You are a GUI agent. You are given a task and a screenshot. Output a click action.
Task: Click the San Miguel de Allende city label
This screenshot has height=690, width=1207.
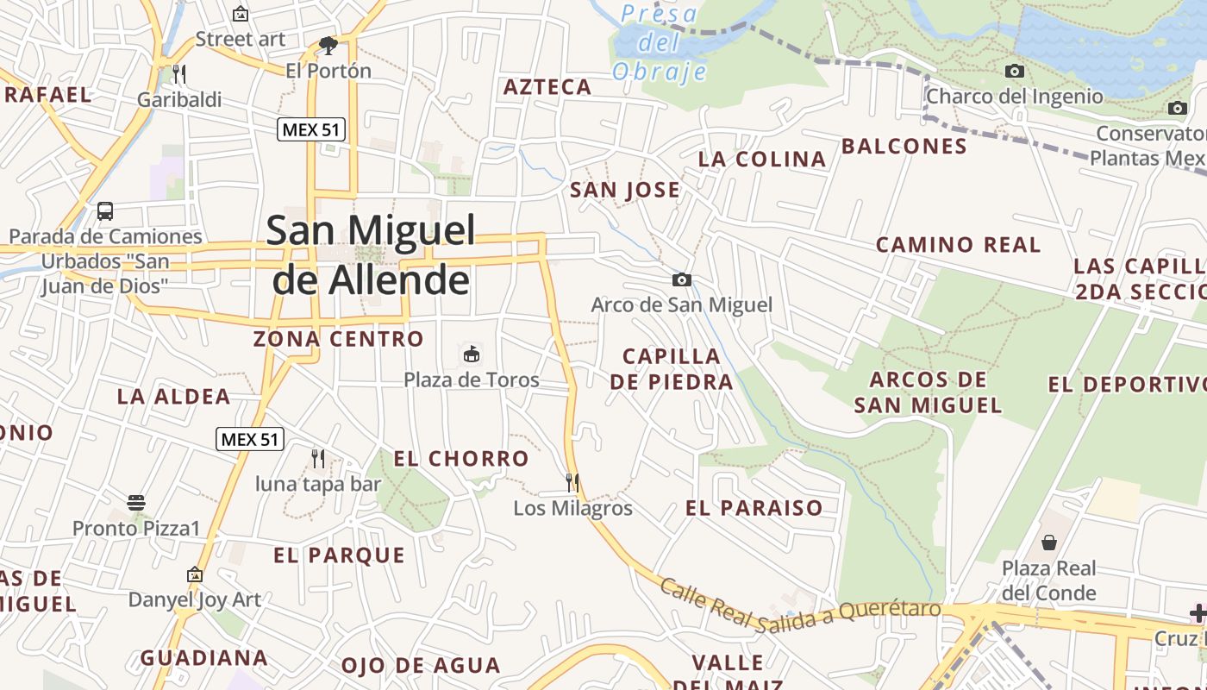pyautogui.click(x=371, y=254)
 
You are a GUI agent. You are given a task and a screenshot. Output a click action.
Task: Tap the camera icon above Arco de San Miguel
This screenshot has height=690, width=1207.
pyautogui.click(x=681, y=279)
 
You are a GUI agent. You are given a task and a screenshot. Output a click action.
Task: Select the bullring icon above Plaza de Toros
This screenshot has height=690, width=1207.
pyautogui.click(x=472, y=354)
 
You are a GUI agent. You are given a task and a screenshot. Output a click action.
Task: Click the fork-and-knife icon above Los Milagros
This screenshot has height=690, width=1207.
pyautogui.click(x=572, y=482)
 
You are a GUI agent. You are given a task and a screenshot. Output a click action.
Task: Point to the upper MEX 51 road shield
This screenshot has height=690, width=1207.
pyautogui.click(x=311, y=130)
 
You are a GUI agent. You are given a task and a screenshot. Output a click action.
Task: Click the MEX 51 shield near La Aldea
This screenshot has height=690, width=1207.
pyautogui.click(x=249, y=439)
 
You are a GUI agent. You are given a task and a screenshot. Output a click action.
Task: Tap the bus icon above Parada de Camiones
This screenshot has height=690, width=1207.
pyautogui.click(x=105, y=210)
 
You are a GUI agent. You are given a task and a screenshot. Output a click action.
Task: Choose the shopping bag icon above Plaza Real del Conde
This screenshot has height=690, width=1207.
pyautogui.click(x=1049, y=543)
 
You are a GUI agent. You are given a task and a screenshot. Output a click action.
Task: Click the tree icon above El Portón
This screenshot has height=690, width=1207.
pyautogui.click(x=328, y=45)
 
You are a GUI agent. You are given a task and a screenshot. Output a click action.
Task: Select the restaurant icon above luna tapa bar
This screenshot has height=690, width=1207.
pyautogui.click(x=318, y=458)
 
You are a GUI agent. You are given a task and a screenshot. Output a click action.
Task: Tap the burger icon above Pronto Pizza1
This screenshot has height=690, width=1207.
pyautogui.click(x=136, y=502)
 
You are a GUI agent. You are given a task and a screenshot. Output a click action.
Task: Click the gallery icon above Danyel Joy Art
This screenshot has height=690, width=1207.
pyautogui.click(x=195, y=574)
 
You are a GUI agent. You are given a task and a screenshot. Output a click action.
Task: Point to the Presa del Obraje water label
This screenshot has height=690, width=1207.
pyautogui.click(x=660, y=43)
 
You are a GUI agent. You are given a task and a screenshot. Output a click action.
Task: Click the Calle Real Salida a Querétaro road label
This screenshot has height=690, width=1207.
pyautogui.click(x=800, y=611)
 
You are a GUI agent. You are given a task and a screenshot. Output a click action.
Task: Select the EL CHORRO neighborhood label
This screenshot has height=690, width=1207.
pyautogui.click(x=461, y=459)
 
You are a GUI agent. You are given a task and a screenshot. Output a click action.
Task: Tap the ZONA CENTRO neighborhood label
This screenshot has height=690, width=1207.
pyautogui.click(x=339, y=339)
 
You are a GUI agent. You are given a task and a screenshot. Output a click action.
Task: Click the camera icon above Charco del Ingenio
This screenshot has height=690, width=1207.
pyautogui.click(x=1015, y=71)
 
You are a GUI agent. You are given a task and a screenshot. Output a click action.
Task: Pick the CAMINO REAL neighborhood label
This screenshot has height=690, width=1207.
pyautogui.click(x=959, y=245)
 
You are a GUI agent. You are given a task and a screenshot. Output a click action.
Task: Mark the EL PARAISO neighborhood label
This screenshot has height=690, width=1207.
pyautogui.click(x=754, y=508)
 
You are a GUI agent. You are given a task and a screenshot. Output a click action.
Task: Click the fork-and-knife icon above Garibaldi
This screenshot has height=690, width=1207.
pyautogui.click(x=179, y=72)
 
